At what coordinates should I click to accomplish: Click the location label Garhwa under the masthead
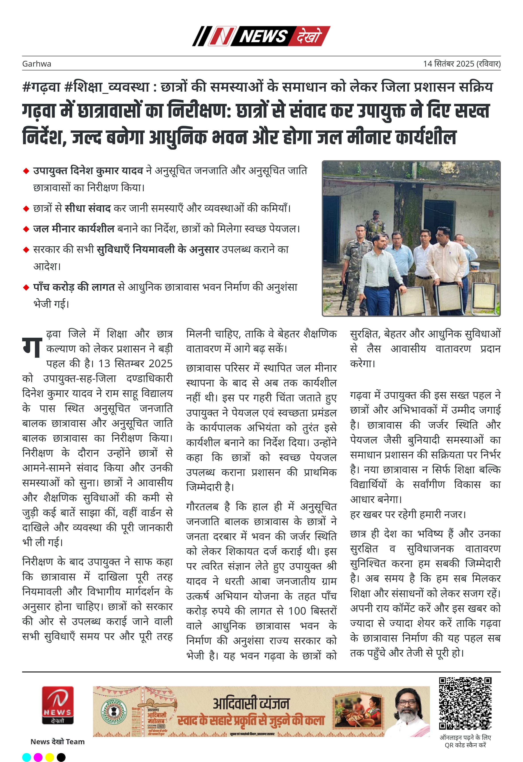click(37, 64)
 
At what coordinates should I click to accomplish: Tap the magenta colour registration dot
click(38, 757)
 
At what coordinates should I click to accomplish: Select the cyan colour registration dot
click(27, 757)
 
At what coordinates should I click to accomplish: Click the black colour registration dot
click(61, 757)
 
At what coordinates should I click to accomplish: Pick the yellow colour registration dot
click(49, 757)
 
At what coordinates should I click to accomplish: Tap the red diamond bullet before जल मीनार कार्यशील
click(26, 229)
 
